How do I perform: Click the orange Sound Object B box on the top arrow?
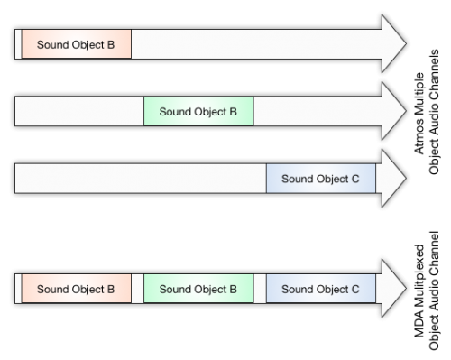(76, 44)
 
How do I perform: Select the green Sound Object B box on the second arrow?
(198, 112)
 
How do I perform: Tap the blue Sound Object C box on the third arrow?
(321, 179)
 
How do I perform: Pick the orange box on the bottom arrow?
(76, 290)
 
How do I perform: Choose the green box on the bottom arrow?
(198, 290)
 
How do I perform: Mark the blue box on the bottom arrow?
(321, 290)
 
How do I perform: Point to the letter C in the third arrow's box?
(355, 180)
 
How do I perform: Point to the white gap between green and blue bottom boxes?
(260, 290)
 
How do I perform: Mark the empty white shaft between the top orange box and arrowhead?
(253, 44)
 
